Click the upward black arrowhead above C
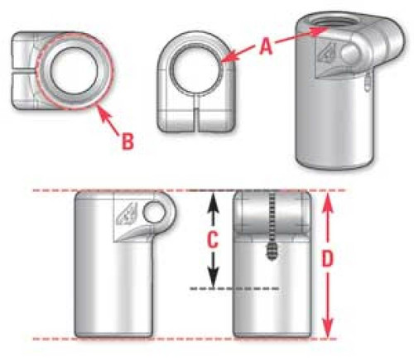click(212, 199)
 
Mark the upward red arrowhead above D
click(329, 199)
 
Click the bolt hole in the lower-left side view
click(154, 214)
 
